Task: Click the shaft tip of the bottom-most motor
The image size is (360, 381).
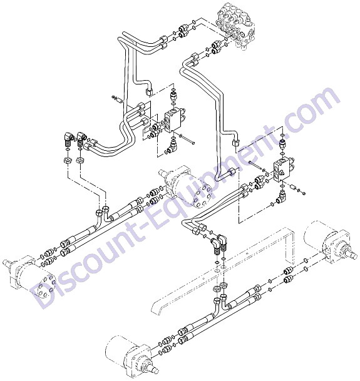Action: pyautogui.click(x=154, y=370)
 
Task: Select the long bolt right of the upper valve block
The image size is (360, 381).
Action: pyautogui.click(x=187, y=140)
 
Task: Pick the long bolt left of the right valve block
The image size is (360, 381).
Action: pyautogui.click(x=255, y=165)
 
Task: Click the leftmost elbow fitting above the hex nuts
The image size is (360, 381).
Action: pyautogui.click(x=68, y=138)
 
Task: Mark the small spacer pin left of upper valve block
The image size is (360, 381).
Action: pyautogui.click(x=118, y=99)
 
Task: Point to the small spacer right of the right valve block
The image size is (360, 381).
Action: pyautogui.click(x=293, y=188)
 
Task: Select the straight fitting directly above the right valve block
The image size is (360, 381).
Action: pyautogui.click(x=282, y=145)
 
